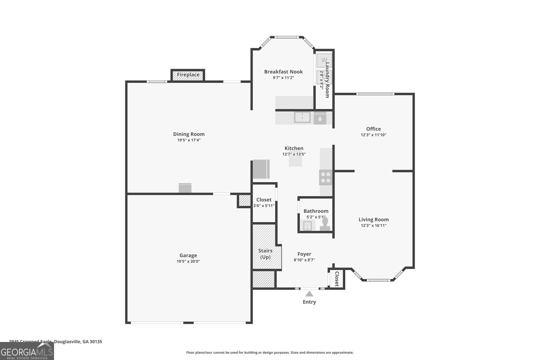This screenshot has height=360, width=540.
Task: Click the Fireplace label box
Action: tap(188, 75)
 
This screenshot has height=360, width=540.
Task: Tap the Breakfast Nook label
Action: tap(283, 72)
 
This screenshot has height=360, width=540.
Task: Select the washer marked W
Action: tap(324, 60)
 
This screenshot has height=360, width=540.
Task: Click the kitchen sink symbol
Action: tap(302, 117)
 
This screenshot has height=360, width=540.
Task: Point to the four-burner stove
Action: tap(326, 177)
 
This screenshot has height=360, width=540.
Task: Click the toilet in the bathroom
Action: tap(325, 224)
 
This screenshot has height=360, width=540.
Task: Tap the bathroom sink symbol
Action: tap(307, 225)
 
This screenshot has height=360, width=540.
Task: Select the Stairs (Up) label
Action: tap(265, 254)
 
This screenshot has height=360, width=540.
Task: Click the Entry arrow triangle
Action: tap(309, 294)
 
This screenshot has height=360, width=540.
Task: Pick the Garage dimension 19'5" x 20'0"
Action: tap(188, 261)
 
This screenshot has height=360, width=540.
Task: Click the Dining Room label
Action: tap(189, 134)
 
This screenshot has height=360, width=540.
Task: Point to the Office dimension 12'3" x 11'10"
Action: tap(373, 135)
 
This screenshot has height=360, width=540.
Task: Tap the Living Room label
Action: tap(373, 219)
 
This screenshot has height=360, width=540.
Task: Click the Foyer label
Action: tap(304, 254)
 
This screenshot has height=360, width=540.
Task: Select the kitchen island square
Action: tap(295, 161)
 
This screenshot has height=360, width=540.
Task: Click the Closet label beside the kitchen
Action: tap(264, 200)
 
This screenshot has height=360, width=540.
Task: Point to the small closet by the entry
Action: tap(336, 279)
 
